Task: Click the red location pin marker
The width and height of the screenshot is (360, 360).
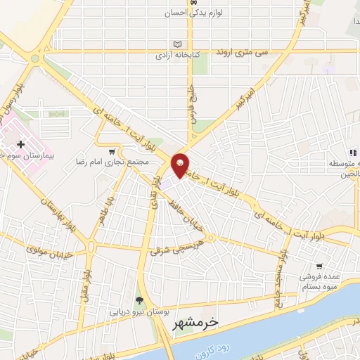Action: tap(181, 165)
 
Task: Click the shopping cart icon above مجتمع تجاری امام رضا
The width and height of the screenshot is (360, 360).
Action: tap(111, 151)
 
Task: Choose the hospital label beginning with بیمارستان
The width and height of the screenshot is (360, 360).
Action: tap(22, 155)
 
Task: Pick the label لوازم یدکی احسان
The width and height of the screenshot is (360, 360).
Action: tap(184, 13)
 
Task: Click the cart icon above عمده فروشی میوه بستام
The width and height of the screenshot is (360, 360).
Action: tap(320, 267)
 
